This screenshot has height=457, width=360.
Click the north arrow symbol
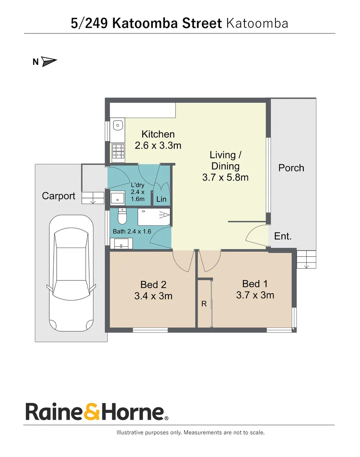(x=49, y=62)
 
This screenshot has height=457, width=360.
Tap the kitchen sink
(x=119, y=126)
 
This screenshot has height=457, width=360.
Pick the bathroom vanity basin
(x=121, y=244)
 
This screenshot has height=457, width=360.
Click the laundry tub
(x=117, y=198)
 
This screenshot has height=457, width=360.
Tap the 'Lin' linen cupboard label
(x=161, y=199)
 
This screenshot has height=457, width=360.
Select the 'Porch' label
(x=291, y=168)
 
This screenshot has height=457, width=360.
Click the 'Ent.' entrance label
(x=283, y=236)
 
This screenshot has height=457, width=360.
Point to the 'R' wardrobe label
(x=203, y=304)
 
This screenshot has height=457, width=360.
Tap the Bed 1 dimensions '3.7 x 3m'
(x=255, y=295)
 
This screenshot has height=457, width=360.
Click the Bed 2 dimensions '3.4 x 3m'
(x=153, y=296)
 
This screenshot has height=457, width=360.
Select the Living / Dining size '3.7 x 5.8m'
(x=225, y=177)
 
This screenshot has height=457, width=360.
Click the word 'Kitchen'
(x=158, y=135)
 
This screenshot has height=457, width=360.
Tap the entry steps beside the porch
(x=306, y=259)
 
